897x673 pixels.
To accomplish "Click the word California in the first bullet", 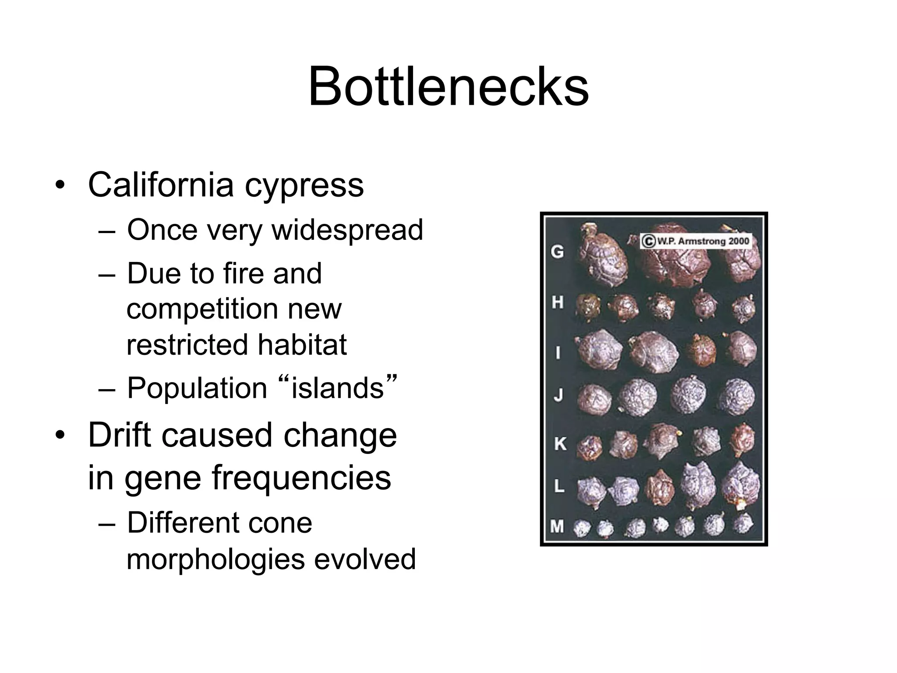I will pos(161,185).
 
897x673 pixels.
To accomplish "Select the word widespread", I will pos(347,230).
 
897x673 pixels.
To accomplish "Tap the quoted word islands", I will pos(337,389).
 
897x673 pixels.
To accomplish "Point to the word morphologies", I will pos(215,559).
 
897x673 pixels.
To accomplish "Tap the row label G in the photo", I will pos(557,251).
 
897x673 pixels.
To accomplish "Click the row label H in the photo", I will pos(557,302).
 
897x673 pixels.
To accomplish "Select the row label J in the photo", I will pos(558,395).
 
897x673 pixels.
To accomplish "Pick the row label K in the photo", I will pos(559,443).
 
